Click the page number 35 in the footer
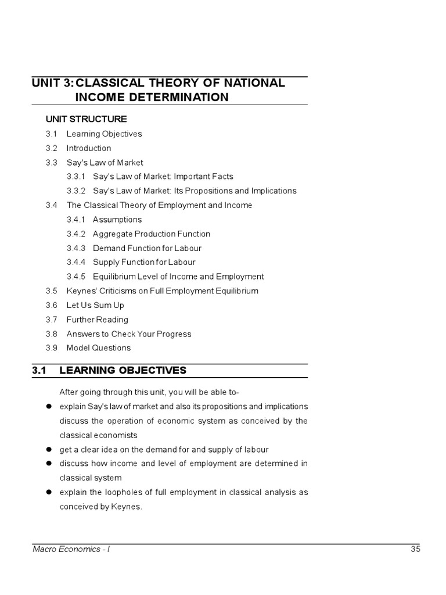click(414, 549)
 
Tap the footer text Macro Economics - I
click(71, 549)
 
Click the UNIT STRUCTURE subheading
click(86, 119)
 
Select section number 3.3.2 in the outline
click(76, 191)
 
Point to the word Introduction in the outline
click(88, 148)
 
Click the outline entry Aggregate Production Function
click(151, 234)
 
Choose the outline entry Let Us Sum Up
click(95, 305)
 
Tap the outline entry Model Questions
click(99, 348)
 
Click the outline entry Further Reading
click(97, 320)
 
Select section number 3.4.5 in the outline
click(76, 277)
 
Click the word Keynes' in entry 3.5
click(81, 291)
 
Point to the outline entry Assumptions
click(117, 220)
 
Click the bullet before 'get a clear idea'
click(50, 449)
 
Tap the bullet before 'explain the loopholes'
click(50, 492)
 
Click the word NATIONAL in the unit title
click(256, 83)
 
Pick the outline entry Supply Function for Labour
click(144, 262)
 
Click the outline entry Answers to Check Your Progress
click(129, 334)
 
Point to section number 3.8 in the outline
click(51, 334)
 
